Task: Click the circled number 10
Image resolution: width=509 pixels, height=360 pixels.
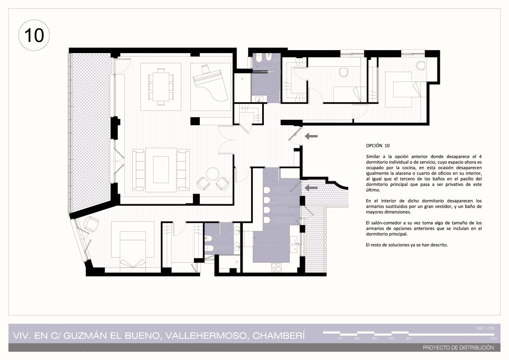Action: click(34, 35)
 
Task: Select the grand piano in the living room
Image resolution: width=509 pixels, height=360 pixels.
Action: click(210, 84)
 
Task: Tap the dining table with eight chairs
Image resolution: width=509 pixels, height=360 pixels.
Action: click(161, 87)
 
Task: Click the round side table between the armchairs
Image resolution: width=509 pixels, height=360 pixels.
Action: click(213, 174)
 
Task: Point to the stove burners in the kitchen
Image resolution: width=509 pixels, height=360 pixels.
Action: click(276, 267)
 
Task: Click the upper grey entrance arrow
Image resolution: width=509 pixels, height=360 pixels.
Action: click(311, 136)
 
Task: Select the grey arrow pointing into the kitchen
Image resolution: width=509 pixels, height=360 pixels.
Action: click(311, 188)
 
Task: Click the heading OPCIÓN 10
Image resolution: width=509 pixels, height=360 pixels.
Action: click(378, 146)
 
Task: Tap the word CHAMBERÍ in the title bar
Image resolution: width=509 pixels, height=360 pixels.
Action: click(279, 336)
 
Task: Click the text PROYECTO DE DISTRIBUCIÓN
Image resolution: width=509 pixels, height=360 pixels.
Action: click(459, 348)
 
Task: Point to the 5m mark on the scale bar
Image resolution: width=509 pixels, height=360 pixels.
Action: click(408, 338)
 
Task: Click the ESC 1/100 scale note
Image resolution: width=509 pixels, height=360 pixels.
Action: click(486, 328)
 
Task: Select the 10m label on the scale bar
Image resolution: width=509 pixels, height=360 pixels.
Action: click(493, 338)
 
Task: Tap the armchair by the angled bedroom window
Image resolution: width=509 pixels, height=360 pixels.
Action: click(91, 224)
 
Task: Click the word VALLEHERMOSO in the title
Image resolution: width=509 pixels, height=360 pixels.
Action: click(206, 336)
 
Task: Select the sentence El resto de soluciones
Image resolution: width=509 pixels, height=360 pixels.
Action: click(407, 245)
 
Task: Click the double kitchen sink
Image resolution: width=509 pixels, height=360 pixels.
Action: click(294, 245)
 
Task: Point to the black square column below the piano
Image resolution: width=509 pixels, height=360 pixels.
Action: click(195, 121)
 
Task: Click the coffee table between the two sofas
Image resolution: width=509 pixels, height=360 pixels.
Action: click(161, 169)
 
